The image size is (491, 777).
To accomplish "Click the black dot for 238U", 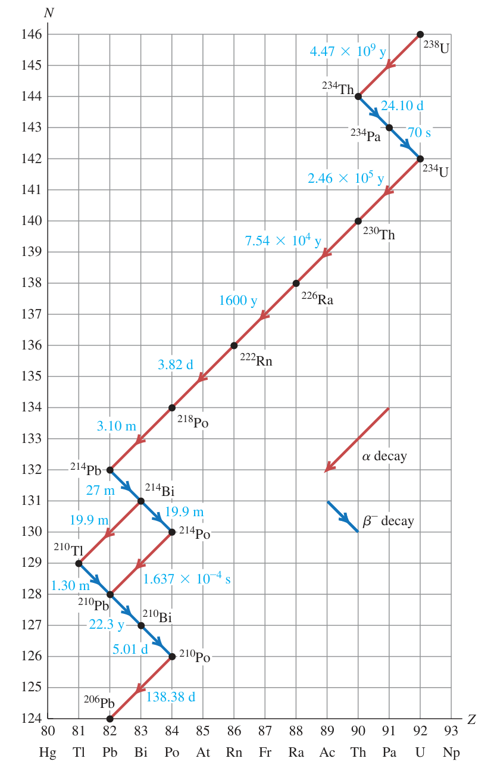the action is coord(420,35).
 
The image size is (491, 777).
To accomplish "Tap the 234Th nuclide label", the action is coord(338,88).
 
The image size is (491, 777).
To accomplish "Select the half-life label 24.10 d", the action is coord(402,105).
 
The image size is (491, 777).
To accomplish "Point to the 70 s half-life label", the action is coord(419,132).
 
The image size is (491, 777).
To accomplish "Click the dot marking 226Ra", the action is coord(296,283).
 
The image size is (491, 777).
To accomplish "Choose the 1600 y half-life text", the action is coord(238,301).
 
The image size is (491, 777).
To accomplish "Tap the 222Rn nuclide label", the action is coord(257,360).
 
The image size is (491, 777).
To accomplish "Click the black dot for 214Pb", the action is coord(110,470).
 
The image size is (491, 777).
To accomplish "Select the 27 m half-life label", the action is coord(100,490).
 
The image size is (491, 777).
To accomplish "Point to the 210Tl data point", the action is coord(79,563).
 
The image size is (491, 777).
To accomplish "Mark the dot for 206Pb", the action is coord(110,719).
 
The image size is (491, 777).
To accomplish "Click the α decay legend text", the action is coord(384,456).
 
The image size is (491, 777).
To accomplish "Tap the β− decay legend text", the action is coord(389,521).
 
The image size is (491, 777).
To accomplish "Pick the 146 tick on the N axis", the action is coord(32,35).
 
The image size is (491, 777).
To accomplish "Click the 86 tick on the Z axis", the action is coord(234,731).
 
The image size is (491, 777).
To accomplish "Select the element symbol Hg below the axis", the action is coord(48,753).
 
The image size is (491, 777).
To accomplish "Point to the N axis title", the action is coord(49,13).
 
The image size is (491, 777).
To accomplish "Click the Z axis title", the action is coord(471,720).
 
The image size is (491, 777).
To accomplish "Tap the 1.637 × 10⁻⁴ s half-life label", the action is coord(187,578).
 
